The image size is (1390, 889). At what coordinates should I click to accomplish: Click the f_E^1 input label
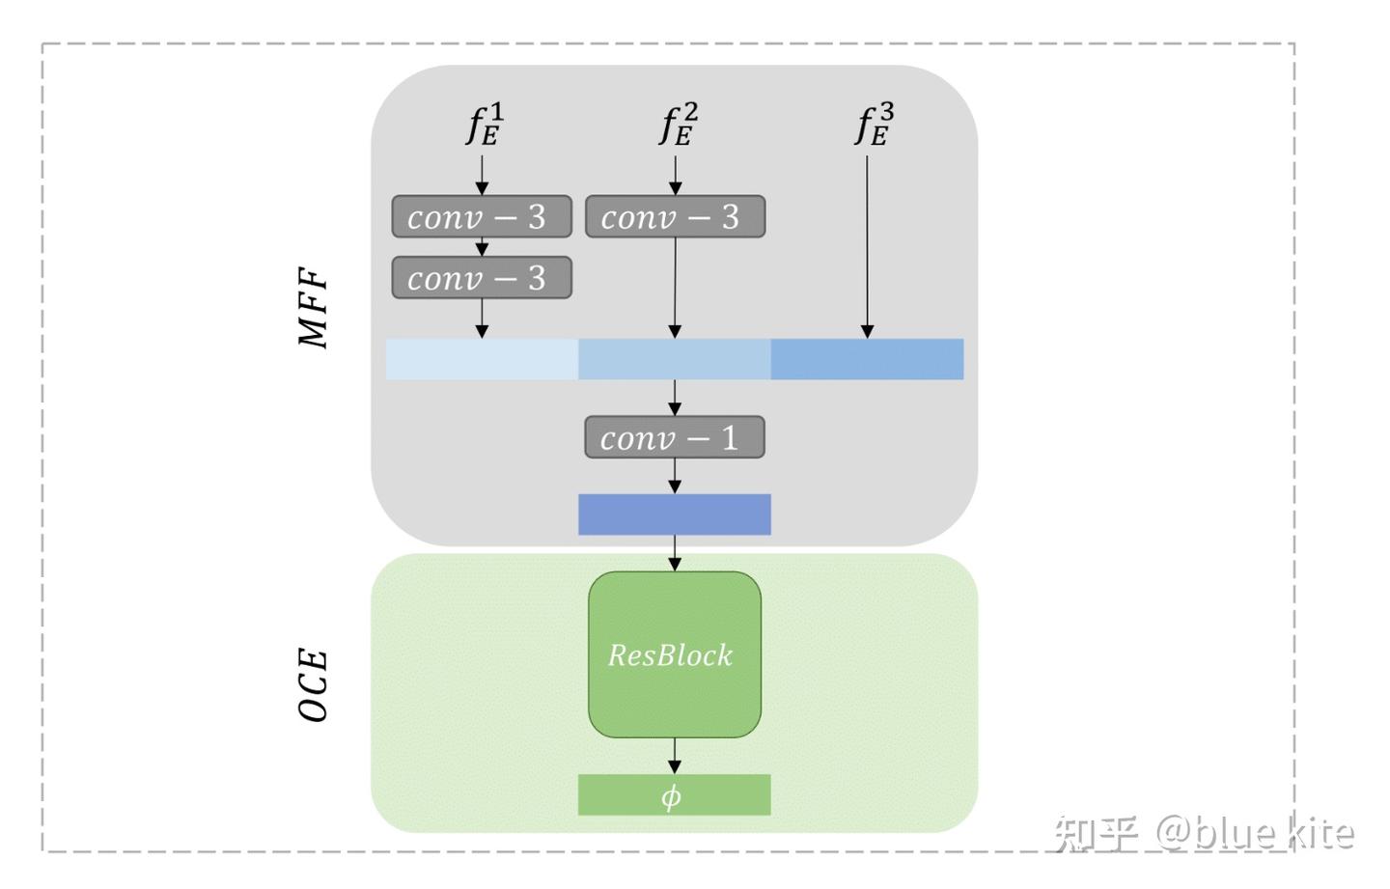(x=485, y=125)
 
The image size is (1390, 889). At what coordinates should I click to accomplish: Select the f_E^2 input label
(x=678, y=125)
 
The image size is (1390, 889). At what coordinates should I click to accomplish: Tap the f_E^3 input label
(x=874, y=125)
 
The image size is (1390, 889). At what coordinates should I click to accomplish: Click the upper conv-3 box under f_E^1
(x=482, y=216)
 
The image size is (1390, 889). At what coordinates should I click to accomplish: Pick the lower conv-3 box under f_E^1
(x=482, y=278)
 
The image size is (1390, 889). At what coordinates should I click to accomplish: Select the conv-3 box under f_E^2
(x=675, y=216)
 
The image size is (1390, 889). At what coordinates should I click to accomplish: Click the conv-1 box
(x=674, y=437)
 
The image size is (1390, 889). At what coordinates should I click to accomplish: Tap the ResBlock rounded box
(x=674, y=654)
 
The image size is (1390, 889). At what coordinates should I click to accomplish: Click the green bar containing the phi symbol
(x=674, y=794)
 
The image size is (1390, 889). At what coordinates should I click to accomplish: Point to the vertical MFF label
(x=313, y=307)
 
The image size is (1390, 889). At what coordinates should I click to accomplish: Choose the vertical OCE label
(x=313, y=685)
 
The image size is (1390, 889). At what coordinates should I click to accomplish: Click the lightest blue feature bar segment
(x=482, y=359)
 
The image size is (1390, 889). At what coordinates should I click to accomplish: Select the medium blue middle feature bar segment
(x=674, y=359)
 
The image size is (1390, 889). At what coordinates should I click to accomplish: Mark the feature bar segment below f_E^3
(x=867, y=359)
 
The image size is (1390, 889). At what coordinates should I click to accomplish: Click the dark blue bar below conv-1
(x=674, y=514)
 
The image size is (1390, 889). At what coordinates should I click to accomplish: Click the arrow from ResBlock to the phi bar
(x=674, y=756)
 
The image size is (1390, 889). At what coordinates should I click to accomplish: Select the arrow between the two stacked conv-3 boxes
(x=482, y=247)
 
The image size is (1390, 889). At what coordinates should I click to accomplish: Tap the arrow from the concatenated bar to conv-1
(x=674, y=397)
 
